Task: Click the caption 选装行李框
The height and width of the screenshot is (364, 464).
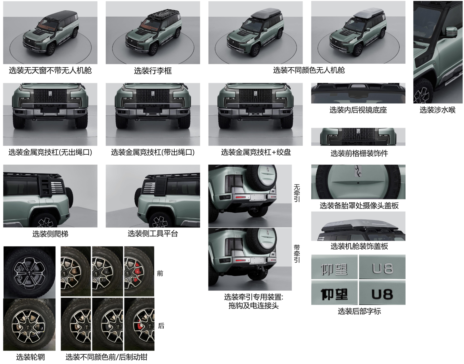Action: coord(153,71)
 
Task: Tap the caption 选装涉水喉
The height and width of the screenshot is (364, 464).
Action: coord(437,110)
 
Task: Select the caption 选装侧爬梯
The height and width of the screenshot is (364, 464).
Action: coord(50,234)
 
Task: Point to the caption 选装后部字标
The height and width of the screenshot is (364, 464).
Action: coord(359,311)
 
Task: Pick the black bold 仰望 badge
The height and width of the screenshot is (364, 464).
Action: coord(334,294)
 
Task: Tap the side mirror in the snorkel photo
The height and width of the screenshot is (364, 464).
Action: coord(451,32)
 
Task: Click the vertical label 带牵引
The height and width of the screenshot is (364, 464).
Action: coord(296,254)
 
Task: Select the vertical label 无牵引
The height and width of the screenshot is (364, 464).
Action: coord(296,193)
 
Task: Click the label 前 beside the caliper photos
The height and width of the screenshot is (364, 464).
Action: coord(160,273)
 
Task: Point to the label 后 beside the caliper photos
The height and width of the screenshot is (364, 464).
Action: coord(161,326)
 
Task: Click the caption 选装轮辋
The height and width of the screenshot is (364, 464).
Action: coord(30,357)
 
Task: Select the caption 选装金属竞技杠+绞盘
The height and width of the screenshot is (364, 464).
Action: coord(256,152)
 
